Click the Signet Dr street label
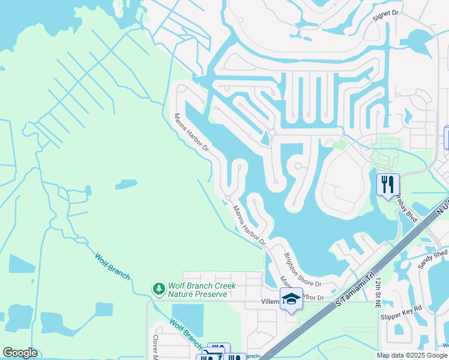[x=385, y=13]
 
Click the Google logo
[x=20, y=353]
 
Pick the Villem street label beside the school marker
[x=270, y=302]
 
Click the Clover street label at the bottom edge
[x=155, y=347]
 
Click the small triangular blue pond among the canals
[x=265, y=139]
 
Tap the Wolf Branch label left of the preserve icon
[x=112, y=266]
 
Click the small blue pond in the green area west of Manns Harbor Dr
[x=125, y=184]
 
